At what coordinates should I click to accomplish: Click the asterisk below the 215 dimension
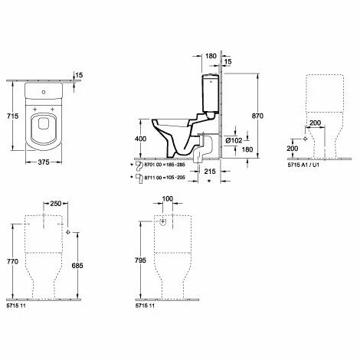(209, 184)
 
